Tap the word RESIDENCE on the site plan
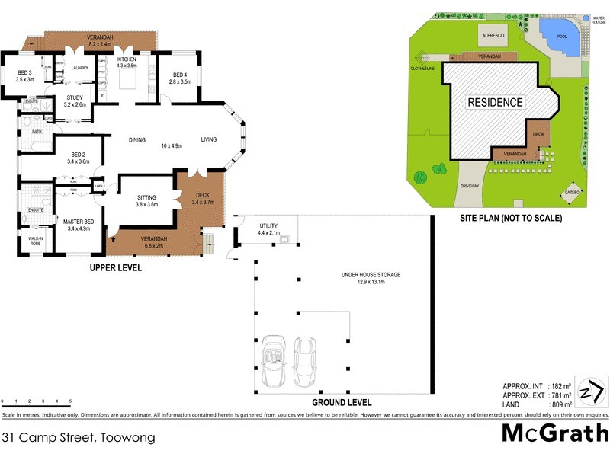click(495, 102)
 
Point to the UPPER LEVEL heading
click(116, 268)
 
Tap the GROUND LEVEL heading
click(342, 402)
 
